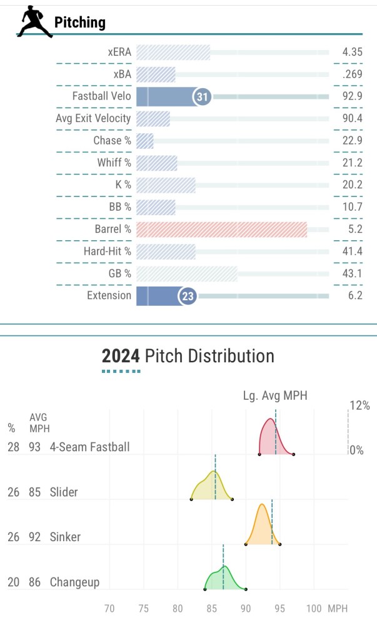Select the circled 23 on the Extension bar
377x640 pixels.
coord(188,296)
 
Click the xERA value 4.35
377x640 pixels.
coord(352,52)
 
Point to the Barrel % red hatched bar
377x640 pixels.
coord(221,230)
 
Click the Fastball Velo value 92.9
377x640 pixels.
coord(352,96)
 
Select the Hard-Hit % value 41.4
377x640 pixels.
coord(352,251)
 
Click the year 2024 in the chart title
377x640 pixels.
coord(121,357)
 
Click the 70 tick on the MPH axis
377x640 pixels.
coord(109,608)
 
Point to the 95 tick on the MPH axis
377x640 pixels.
coord(279,608)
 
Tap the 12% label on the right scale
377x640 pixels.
coord(359,405)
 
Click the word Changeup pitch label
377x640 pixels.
coord(74,582)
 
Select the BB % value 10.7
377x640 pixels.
coord(352,207)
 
